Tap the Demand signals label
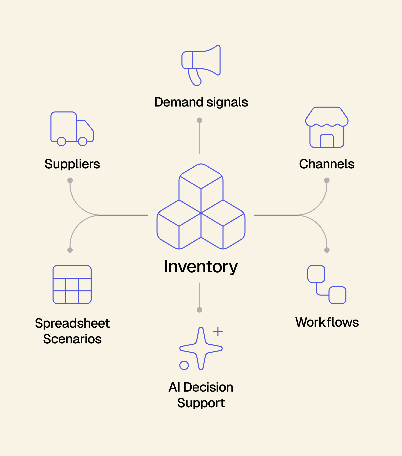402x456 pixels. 201,102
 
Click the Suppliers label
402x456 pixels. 72,164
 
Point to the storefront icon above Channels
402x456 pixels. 327,128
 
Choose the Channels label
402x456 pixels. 327,164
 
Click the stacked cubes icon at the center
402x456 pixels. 201,207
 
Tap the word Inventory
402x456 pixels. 201,267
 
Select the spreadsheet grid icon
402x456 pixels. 72,285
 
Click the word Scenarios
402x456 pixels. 72,339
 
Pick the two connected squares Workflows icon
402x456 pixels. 327,285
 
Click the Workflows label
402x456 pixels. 327,322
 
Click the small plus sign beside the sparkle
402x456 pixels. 218,331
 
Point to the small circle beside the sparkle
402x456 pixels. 184,365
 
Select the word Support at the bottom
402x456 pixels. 201,403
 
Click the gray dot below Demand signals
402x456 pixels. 199,120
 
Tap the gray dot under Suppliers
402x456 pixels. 70,180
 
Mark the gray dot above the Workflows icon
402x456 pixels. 327,250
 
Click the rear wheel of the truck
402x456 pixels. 61,142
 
